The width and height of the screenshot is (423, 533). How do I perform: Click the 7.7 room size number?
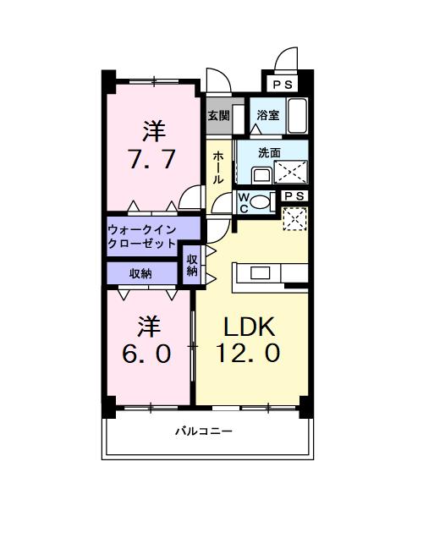[x=152, y=160]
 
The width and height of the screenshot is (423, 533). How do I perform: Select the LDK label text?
[x=250, y=327]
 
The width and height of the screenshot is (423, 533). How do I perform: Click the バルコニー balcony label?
[x=204, y=431]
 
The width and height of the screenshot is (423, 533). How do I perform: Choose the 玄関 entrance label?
[x=218, y=116]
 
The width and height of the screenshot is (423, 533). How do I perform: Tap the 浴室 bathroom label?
[x=268, y=116]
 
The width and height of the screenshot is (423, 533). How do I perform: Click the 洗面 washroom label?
[x=269, y=153]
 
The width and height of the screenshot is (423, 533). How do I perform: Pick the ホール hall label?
[x=218, y=167]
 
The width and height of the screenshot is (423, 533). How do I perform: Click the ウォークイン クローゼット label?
[x=141, y=235]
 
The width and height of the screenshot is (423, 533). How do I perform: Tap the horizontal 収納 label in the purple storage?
[x=141, y=273]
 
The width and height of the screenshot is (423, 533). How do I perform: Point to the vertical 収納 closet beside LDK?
[x=192, y=265]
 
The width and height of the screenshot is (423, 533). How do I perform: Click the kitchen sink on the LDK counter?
[x=259, y=272]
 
